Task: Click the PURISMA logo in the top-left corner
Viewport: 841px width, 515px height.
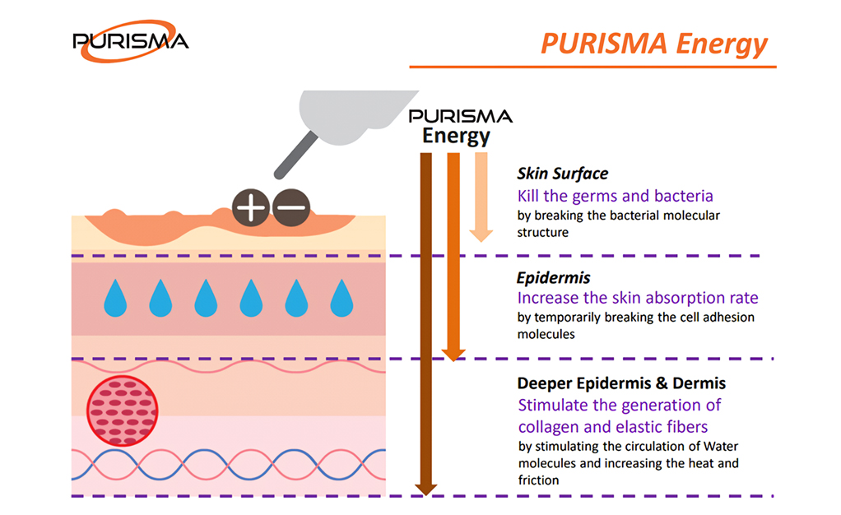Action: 130,41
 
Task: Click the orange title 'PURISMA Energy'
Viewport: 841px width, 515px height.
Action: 654,44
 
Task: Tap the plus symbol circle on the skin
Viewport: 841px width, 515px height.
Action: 250,207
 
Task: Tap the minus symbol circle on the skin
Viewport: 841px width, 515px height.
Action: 291,207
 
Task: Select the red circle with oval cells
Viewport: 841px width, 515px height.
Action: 123,411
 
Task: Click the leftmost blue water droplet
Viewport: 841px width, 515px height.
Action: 115,298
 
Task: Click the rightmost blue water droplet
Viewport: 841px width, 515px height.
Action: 342,298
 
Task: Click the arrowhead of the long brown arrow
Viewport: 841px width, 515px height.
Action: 426,489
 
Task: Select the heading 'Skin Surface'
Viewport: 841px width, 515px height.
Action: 563,174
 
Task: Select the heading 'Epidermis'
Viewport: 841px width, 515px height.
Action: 554,278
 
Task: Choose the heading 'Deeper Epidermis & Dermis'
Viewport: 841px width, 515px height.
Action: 621,383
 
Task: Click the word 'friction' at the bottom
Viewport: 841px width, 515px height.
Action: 538,480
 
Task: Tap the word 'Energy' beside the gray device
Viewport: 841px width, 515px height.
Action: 456,137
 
